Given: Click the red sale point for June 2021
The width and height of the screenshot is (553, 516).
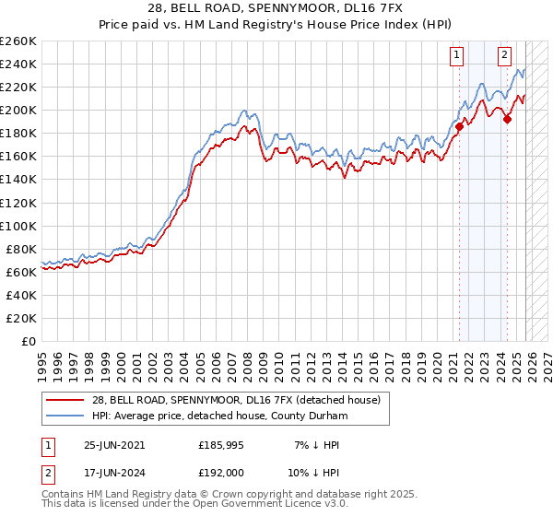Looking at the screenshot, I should pyautogui.click(x=459, y=126).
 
